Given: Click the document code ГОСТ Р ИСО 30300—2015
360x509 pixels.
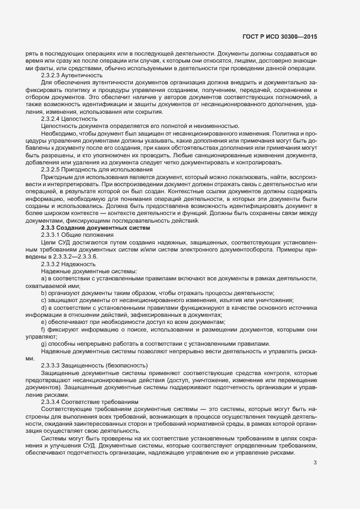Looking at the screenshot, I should tap(279, 36).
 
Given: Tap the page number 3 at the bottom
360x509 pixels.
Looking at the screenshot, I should tap(315, 463).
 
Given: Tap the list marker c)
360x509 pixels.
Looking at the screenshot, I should tap(44, 301).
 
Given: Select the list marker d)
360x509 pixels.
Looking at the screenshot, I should tap(44, 308).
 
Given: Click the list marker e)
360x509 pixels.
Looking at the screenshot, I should tap(44, 323).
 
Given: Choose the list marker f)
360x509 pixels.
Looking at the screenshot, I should tap(43, 330).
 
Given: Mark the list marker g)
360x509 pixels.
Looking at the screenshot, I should tap(44, 345).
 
